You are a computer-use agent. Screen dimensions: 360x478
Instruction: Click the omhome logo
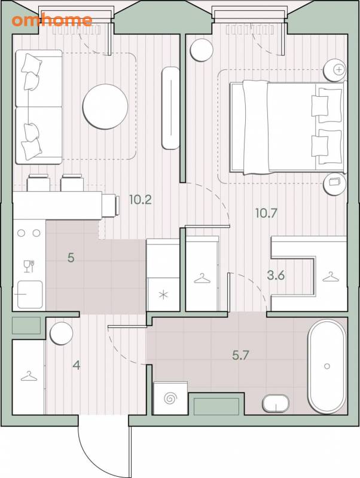point(52,20)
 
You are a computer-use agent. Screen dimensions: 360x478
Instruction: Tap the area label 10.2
point(141,200)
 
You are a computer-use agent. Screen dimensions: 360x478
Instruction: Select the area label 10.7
point(266,213)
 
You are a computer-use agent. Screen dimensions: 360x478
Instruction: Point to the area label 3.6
point(276,275)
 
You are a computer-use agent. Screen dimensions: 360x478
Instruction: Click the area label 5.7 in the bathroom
point(241,355)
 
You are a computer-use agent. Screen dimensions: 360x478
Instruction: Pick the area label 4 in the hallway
point(77,365)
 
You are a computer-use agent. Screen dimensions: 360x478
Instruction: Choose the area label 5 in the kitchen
point(71,258)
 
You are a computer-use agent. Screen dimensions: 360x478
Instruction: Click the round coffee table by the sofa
point(105,106)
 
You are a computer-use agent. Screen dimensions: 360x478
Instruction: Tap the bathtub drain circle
point(327,366)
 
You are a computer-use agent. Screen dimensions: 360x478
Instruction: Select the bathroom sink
point(276,403)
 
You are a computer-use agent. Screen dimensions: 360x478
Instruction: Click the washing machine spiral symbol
point(170,398)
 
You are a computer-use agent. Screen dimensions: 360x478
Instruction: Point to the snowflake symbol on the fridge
point(164,295)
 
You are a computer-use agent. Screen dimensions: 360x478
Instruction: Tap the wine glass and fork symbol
point(29,266)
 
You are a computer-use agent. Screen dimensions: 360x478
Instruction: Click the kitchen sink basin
point(29,295)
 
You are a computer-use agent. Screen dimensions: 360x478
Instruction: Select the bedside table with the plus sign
point(335,70)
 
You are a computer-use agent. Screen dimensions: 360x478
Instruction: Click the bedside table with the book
point(335,183)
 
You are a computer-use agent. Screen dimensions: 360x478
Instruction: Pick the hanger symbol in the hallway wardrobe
point(29,376)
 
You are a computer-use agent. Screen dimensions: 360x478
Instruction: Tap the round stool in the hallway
point(62,333)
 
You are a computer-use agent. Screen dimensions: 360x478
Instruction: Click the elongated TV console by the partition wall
point(170,108)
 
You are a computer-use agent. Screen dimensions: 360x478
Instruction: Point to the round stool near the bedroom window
point(202,51)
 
